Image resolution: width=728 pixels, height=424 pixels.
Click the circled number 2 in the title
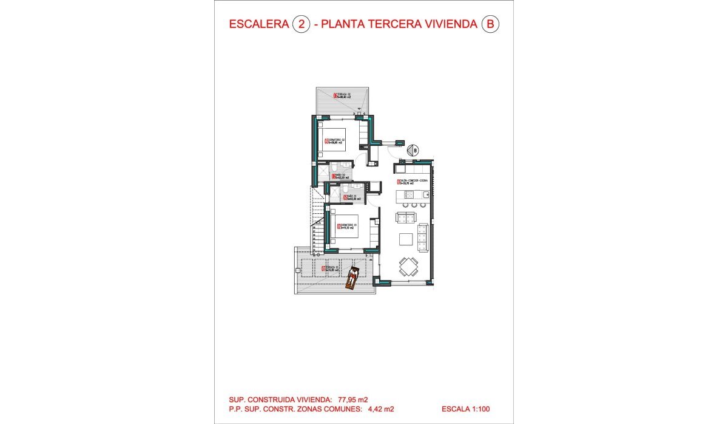coord(300,24)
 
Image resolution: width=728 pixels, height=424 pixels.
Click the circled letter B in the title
coord(490,24)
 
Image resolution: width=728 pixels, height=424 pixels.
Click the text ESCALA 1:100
coord(466,409)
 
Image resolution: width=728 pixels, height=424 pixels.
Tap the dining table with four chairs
coord(408,267)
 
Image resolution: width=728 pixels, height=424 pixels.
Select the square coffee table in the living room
coord(406,238)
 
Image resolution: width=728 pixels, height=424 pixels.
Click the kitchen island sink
coord(426,195)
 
